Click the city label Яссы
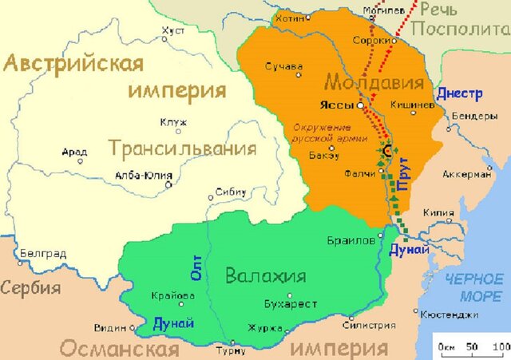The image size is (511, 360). [337, 105]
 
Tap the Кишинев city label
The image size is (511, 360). [413, 105]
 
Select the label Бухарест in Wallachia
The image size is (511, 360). [291, 304]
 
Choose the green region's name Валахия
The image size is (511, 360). [266, 277]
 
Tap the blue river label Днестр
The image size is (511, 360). [460, 93]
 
